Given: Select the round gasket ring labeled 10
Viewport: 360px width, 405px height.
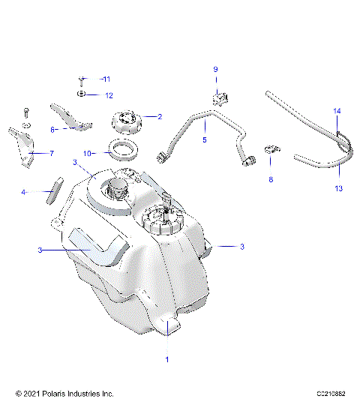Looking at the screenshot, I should click(119, 149).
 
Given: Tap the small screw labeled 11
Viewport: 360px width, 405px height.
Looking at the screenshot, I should click(82, 79).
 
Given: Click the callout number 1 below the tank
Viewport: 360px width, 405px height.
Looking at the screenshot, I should click(166, 359).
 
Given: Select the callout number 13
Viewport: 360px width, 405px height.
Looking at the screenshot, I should click(338, 188).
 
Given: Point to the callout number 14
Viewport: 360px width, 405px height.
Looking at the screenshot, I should click(337, 111).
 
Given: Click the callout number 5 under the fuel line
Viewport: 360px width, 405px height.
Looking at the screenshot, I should click(203, 139).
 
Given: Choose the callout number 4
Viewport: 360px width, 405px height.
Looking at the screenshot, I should click(23, 193).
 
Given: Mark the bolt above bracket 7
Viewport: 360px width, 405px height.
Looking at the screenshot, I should click(26, 112).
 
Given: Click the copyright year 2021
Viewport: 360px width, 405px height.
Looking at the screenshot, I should click(31, 394).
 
